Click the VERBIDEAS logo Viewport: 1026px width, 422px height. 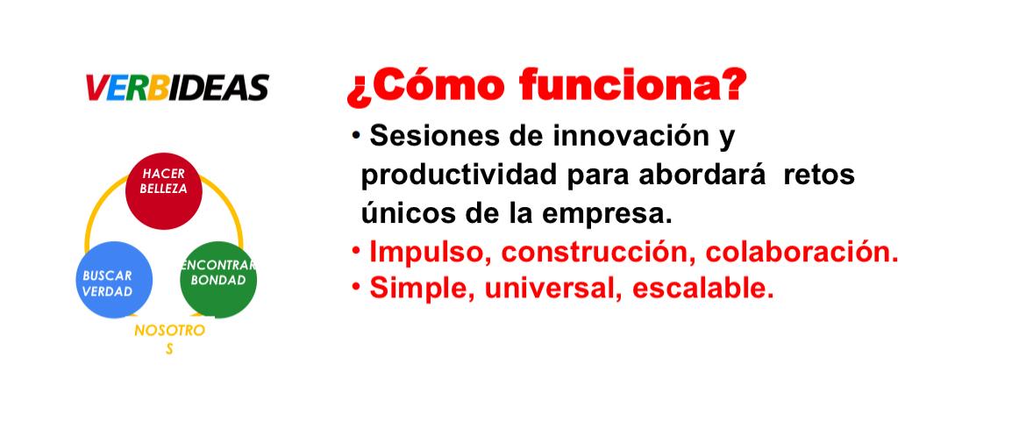(177, 87)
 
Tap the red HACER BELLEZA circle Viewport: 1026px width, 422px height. (164, 191)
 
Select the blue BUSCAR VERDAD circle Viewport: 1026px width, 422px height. (114, 280)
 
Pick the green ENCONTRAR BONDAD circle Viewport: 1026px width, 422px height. (217, 280)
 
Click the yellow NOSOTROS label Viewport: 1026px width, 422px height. (169, 340)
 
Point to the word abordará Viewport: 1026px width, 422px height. (701, 175)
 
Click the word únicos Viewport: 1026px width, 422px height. (403, 214)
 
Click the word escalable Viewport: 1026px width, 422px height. (702, 289)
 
